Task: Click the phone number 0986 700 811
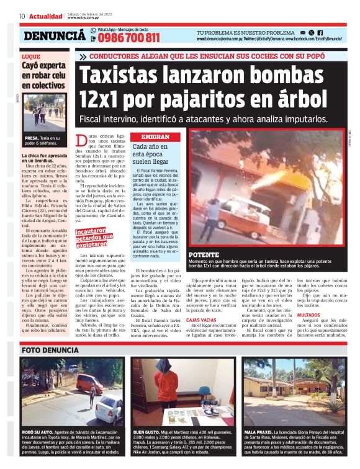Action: pyautogui.click(x=128, y=38)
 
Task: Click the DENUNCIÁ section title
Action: pyautogui.click(x=55, y=36)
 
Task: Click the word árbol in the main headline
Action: pyautogui.click(x=300, y=99)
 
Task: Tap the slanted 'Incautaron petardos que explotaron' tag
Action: pyautogui.click(x=91, y=238)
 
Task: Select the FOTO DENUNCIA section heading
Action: pyautogui.click(x=49, y=350)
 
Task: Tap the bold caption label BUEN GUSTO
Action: pyautogui.click(x=146, y=432)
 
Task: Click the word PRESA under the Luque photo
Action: pyautogui.click(x=31, y=138)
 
